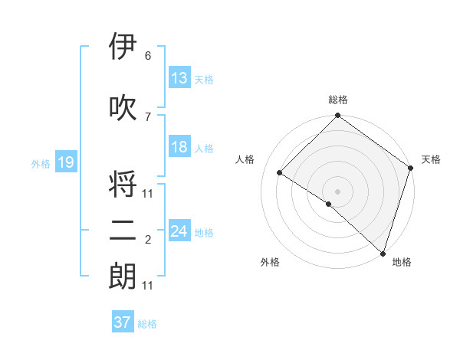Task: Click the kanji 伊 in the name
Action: coord(123,47)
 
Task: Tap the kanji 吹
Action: coord(123,108)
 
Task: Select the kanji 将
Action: coord(123,186)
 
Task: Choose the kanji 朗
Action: coord(123,277)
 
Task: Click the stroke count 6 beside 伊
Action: coord(147,56)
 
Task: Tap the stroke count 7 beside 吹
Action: coord(147,116)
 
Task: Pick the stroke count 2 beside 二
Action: coord(147,241)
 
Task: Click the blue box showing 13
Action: coord(179,77)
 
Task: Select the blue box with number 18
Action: coord(179,147)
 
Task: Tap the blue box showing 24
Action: coord(179,231)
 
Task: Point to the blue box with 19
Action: coord(66,162)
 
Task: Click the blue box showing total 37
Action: coord(123,322)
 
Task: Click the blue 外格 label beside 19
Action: coord(41,163)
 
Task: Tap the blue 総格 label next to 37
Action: coord(147,324)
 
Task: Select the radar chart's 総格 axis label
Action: coord(337,100)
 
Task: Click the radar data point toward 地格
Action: coord(383,253)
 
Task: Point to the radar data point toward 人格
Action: coord(280,173)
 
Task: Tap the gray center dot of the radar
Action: coord(337,191)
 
